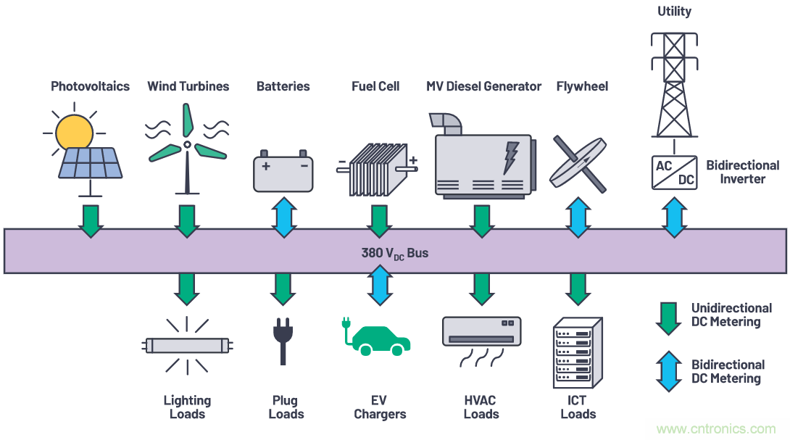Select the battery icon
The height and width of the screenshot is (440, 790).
[x=283, y=172]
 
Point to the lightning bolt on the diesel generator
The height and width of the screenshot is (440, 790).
[x=511, y=157]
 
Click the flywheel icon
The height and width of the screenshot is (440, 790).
[x=578, y=163]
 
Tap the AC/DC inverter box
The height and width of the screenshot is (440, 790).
[x=675, y=171]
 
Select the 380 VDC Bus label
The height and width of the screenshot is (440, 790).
[x=395, y=254]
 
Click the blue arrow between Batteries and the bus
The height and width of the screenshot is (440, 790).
[x=283, y=217]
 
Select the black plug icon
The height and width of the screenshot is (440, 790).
[x=283, y=341]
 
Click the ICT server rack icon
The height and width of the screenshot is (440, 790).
[x=577, y=352]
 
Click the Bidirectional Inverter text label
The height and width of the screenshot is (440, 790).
[x=742, y=172]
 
